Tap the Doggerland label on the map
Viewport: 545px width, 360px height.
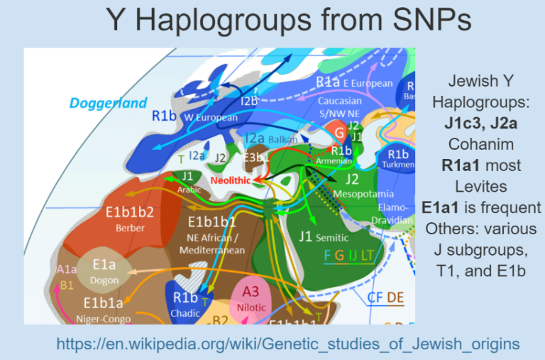pyautogui.click(x=109, y=104)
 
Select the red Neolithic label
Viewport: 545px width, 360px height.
pyautogui.click(x=231, y=181)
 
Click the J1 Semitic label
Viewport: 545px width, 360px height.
pyautogui.click(x=324, y=236)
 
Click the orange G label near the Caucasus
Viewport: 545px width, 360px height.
pyautogui.click(x=338, y=131)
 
